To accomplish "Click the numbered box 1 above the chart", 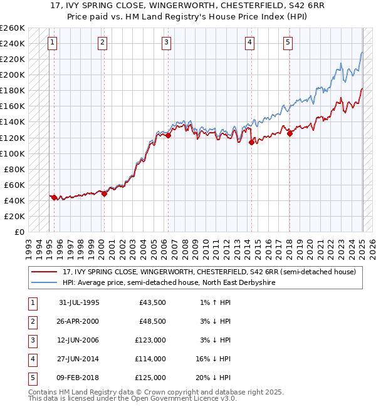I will point(52,43).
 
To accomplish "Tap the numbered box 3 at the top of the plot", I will point(166,43).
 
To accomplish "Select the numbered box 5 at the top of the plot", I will point(288,43).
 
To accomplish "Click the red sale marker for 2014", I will point(251,142).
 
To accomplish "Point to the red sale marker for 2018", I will point(290,133).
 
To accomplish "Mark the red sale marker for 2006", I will point(168,135).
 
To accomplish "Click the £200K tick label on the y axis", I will point(13,75).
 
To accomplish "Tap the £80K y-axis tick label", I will point(15,169).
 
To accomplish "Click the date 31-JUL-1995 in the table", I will point(79,302).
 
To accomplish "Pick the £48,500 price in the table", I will point(152,321).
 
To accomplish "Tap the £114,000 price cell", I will point(150,359).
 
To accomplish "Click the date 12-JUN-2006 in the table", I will point(79,340).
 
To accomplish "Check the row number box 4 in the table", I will point(32,359).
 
